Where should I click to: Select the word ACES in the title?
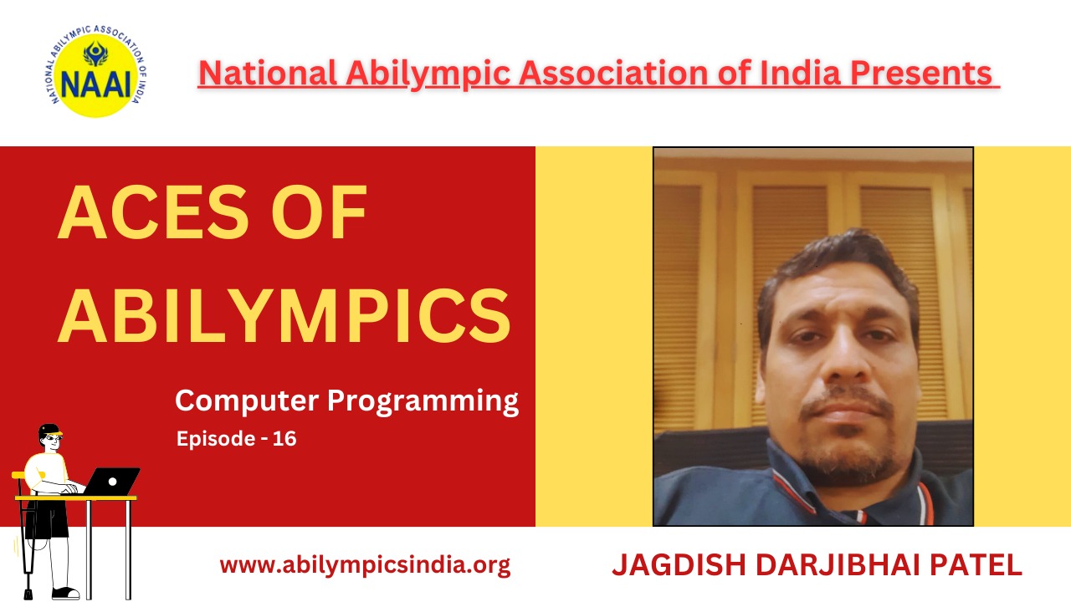tap(153, 212)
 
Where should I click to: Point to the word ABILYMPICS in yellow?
tap(284, 315)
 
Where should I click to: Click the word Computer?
tap(247, 400)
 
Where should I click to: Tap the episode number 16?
tap(284, 439)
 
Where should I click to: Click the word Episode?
tap(216, 440)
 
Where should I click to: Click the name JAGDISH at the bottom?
tap(679, 564)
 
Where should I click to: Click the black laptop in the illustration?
tap(112, 482)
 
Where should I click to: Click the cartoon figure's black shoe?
tap(65, 594)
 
